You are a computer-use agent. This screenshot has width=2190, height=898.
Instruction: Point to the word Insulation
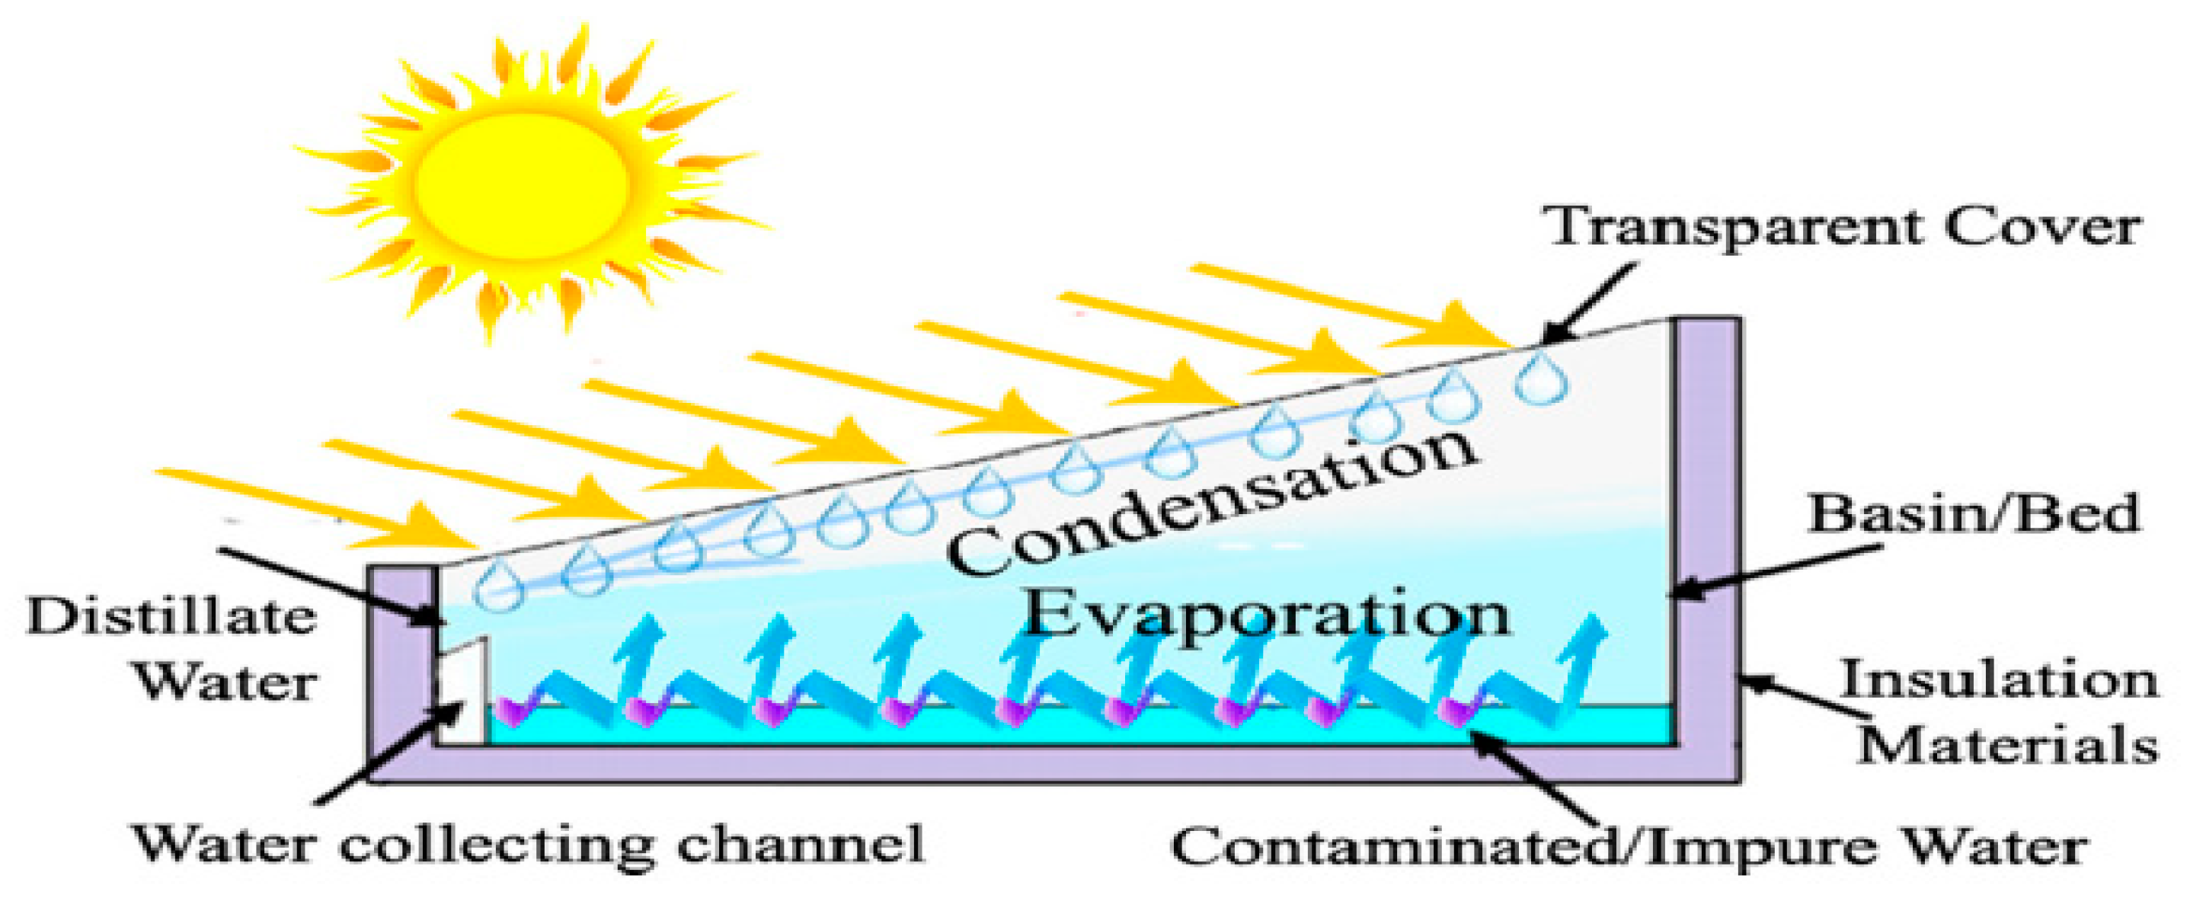(1998, 680)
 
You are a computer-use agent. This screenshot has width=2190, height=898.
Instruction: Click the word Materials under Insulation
(2006, 745)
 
